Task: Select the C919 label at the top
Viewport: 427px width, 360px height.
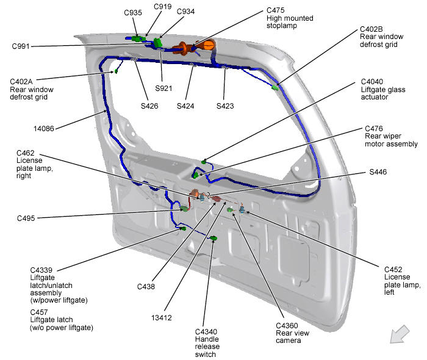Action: (x=162, y=7)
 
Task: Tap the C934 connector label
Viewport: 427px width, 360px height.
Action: (x=186, y=12)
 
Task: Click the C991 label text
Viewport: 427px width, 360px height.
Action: (x=23, y=46)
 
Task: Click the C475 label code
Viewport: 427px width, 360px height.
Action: (x=278, y=10)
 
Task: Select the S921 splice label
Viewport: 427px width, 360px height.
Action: (x=164, y=88)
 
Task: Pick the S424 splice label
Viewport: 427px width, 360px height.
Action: (x=186, y=106)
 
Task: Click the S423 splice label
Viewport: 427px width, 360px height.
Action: (x=226, y=106)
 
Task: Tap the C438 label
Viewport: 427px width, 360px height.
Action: (x=147, y=286)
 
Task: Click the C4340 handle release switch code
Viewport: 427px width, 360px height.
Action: (x=207, y=331)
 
